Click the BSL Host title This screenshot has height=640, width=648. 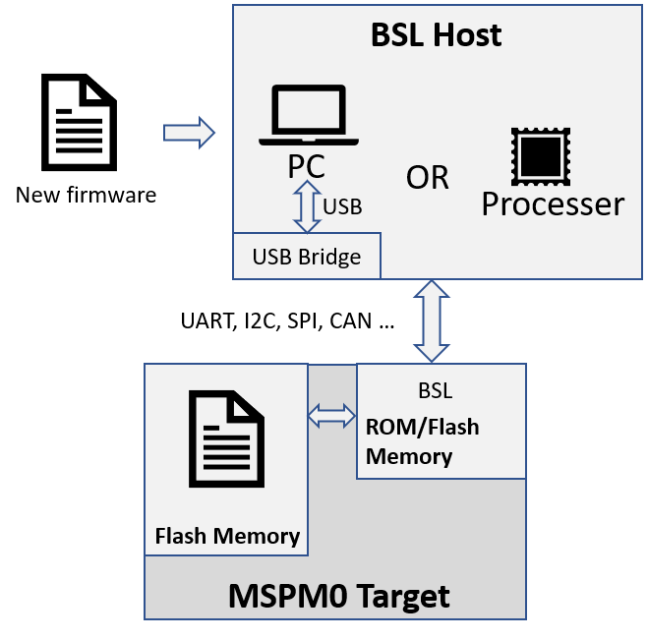(x=436, y=35)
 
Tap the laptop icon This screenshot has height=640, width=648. (x=308, y=116)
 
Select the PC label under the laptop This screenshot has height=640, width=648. (x=307, y=166)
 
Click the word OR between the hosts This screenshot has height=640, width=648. (x=427, y=178)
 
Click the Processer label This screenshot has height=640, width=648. (x=553, y=204)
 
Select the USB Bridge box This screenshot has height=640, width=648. (x=307, y=257)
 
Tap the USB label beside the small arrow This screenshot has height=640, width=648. (x=342, y=207)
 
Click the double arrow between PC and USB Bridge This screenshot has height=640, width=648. (x=308, y=207)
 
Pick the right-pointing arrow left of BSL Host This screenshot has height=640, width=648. (x=189, y=132)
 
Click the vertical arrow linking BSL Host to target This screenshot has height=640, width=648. (x=431, y=320)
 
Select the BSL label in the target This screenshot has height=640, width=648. (x=435, y=391)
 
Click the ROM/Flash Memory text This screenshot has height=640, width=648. (x=422, y=441)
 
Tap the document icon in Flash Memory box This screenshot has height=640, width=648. (x=226, y=438)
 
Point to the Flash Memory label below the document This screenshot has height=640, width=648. (x=227, y=536)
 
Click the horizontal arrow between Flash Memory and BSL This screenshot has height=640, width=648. (x=331, y=417)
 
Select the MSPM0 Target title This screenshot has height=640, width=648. (x=338, y=596)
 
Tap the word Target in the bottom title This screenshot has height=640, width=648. (x=402, y=596)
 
